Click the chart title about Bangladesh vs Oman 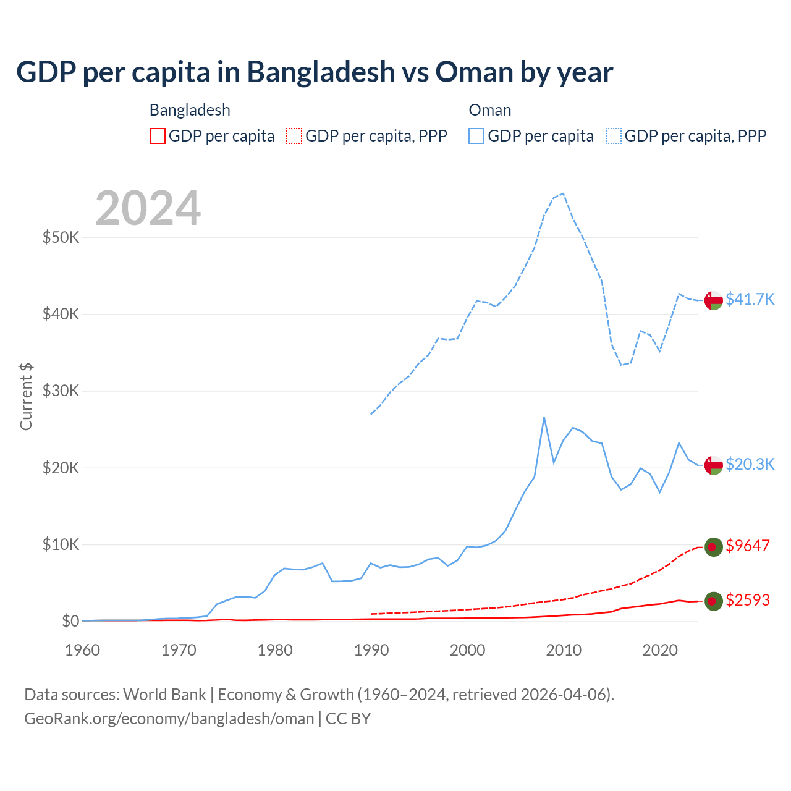[315, 72]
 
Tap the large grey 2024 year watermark [148, 208]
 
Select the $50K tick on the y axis [61, 237]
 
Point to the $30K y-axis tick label [61, 391]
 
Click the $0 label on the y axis [70, 621]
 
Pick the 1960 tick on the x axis [83, 650]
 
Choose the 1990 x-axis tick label [371, 650]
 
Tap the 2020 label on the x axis [660, 650]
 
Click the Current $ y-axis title [26, 396]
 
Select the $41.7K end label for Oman [750, 300]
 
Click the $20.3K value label [750, 465]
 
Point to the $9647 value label [748, 546]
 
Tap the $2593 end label [748, 601]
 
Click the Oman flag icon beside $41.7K [713, 300]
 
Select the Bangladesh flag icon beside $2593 [713, 601]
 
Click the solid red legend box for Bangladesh [158, 136]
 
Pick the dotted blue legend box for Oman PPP [614, 136]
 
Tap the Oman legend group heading [490, 111]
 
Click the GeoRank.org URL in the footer [169, 719]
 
